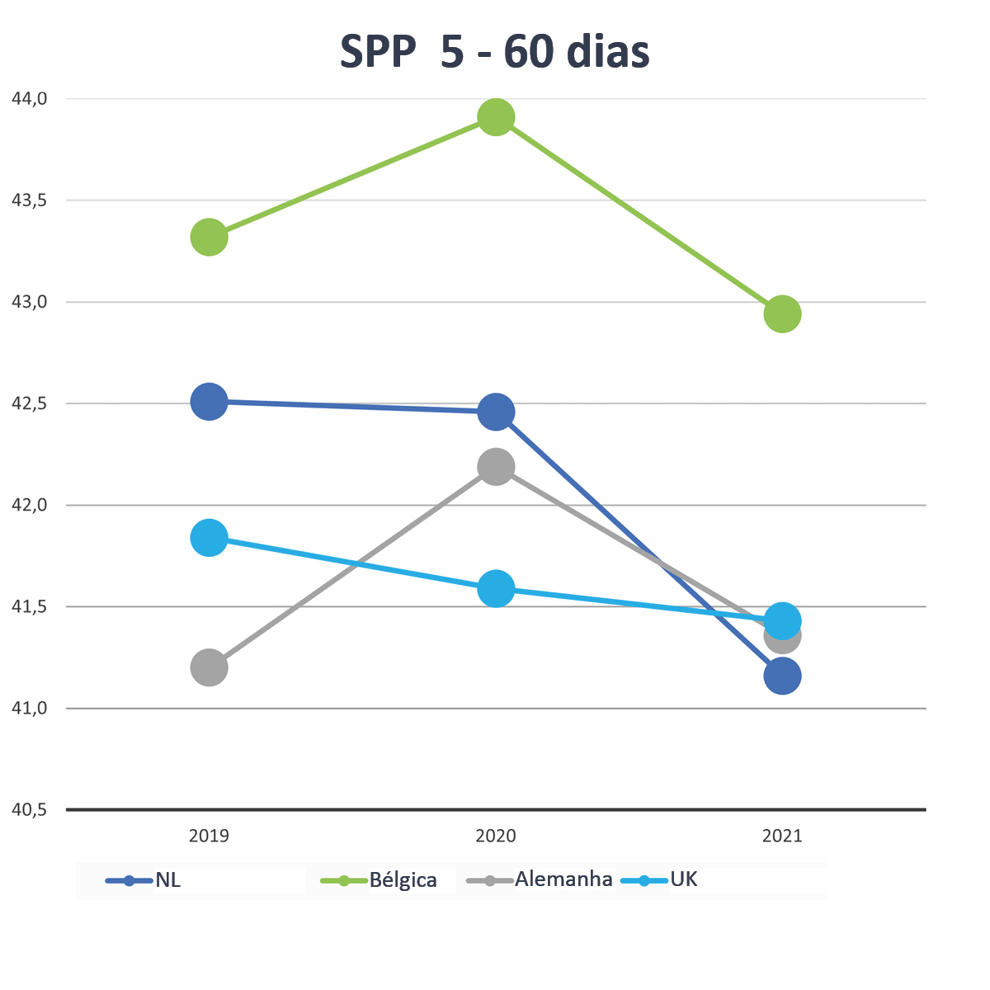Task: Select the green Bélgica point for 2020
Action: point(496,118)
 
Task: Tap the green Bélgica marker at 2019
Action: point(210,238)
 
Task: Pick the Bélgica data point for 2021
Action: point(782,313)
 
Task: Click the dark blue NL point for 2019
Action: point(210,402)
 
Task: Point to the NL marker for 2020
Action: point(496,412)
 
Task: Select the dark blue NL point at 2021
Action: point(782,676)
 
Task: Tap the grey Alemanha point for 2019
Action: point(210,667)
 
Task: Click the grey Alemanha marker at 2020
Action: point(496,467)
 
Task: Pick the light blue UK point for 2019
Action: point(210,538)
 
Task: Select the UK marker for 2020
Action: point(496,589)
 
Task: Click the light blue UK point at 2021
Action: point(782,620)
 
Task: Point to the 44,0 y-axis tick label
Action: point(30,99)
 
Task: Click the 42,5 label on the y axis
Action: point(30,404)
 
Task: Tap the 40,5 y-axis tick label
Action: point(30,810)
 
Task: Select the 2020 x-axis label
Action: point(496,836)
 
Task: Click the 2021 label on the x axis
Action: point(782,836)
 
